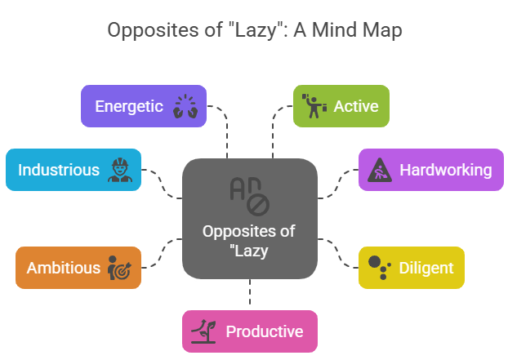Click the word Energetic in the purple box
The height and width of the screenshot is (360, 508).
[129, 106]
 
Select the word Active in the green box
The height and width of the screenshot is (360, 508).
[356, 106]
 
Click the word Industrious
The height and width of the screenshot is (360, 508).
[59, 170]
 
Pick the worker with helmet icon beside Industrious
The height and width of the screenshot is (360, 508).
[118, 170]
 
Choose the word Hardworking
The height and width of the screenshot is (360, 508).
[445, 170]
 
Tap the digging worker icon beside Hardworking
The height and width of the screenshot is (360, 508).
[381, 170]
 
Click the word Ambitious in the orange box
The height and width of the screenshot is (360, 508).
[64, 268]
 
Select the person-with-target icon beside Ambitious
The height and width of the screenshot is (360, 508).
[117, 268]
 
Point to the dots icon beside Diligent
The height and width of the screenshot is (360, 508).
[378, 267]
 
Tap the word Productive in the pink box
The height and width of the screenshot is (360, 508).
[264, 331]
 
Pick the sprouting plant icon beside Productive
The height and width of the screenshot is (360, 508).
[203, 331]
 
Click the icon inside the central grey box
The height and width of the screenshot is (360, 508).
[249, 195]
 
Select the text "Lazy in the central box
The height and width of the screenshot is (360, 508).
[249, 251]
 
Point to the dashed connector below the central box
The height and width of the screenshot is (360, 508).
[249, 294]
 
